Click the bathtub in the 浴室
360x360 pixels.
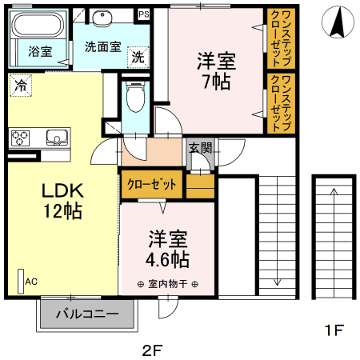pos(38,25)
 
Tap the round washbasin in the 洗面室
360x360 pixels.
pos(102,18)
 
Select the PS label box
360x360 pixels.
pos(144,14)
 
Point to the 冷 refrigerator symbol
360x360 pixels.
pos(21,86)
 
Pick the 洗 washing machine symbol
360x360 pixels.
pos(138,57)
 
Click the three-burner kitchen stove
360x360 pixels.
pos(20,138)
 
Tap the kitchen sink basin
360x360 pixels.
pos(57,138)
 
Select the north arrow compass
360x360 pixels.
pos(338,22)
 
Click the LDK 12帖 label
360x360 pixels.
pos(63,201)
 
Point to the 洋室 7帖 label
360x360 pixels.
pos(216,71)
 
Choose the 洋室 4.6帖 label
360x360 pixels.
pos(168,249)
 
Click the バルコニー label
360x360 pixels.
pos(87,314)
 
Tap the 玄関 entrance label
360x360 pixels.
pos(201,148)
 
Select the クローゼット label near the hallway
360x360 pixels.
pos(152,184)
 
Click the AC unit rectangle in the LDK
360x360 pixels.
pos(21,281)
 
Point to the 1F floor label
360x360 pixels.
pos(334,330)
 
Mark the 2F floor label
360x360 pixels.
pos(152,350)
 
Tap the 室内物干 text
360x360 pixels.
pos(168,284)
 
